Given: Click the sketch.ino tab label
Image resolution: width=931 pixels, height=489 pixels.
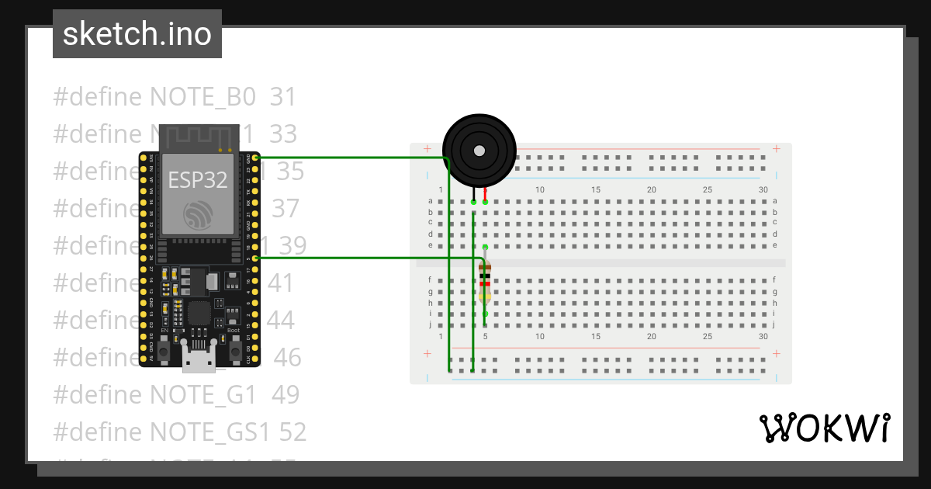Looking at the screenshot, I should pyautogui.click(x=137, y=34).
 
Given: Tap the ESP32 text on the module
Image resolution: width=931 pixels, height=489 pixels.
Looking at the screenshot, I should pyautogui.click(x=198, y=180).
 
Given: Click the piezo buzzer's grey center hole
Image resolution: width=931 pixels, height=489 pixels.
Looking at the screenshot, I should pyautogui.click(x=479, y=150).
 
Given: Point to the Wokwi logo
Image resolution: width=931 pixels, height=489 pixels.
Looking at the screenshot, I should pyautogui.click(x=824, y=428).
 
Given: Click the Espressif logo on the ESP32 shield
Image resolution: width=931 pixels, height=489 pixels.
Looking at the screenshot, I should pyautogui.click(x=198, y=216).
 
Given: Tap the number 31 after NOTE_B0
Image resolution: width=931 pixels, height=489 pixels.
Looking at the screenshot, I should pyautogui.click(x=283, y=97).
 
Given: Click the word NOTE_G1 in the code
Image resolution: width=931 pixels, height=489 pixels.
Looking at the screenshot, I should pyautogui.click(x=202, y=394).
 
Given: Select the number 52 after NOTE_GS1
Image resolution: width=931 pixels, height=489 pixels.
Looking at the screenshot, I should pyautogui.click(x=291, y=432).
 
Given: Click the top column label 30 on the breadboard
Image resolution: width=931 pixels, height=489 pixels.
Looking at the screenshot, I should pyautogui.click(x=763, y=190).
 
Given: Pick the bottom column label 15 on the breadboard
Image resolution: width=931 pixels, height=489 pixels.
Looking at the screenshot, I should pyautogui.click(x=596, y=337).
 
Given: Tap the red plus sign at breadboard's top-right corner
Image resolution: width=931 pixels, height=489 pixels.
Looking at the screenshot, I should pyautogui.click(x=777, y=148).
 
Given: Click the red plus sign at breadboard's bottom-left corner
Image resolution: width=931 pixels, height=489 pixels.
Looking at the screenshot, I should pyautogui.click(x=427, y=354).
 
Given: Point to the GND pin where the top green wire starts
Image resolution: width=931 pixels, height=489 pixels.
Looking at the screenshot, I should pyautogui.click(x=255, y=158).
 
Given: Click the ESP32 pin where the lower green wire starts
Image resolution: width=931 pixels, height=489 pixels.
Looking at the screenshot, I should pyautogui.click(x=255, y=258).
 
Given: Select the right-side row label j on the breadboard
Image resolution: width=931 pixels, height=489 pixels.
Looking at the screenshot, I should pyautogui.click(x=774, y=325).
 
